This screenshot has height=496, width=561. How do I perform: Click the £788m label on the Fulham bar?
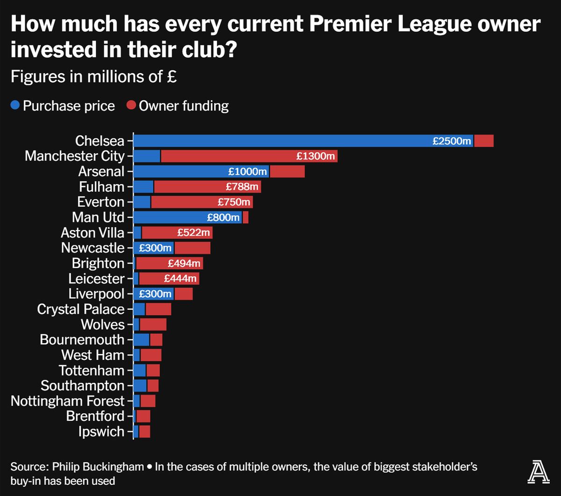coord(242,187)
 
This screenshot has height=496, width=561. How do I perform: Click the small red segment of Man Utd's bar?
coord(245,217)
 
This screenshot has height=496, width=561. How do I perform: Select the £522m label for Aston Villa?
coord(194,232)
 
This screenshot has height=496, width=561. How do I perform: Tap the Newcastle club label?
coord(93,248)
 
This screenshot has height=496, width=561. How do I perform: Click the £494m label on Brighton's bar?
coord(184,263)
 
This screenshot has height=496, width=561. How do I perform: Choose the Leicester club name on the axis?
coord(96,279)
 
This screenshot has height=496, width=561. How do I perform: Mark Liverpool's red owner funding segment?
coord(183,294)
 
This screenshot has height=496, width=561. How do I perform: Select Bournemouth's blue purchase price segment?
coord(141,340)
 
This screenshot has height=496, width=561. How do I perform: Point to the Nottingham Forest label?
coord(67,401)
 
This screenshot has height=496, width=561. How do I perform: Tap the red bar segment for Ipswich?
coord(144,431)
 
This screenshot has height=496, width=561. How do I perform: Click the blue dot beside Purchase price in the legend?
coord(15,106)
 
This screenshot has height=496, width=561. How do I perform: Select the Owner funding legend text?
coord(184,106)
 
